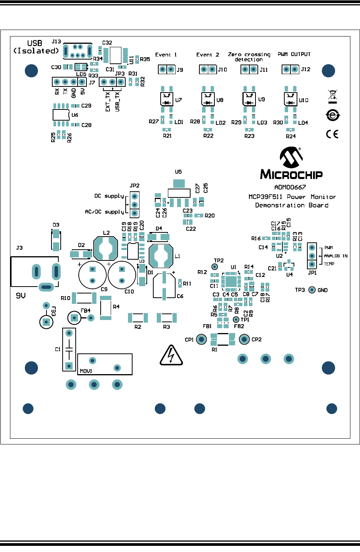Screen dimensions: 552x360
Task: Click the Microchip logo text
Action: tap(291, 174)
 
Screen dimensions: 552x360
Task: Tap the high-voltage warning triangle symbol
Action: tap(171, 356)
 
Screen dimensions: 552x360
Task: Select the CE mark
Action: tap(332, 134)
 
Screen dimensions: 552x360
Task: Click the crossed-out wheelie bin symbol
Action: tap(332, 95)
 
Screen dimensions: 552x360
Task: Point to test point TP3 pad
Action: tap(312, 290)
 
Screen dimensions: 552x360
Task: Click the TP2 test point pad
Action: tap(215, 267)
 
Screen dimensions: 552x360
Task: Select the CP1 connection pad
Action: tap(201, 339)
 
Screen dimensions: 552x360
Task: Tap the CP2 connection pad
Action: tap(244, 339)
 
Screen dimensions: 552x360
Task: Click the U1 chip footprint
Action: tap(231, 282)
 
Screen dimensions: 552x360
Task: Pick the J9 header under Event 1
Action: tap(166, 70)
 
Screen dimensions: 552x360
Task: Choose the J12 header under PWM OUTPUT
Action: tap(290, 69)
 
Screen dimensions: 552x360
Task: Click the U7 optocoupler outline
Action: tap(167, 99)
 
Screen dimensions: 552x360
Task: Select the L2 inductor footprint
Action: tap(106, 249)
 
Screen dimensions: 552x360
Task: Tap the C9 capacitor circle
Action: tap(92, 275)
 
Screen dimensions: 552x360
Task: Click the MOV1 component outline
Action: tap(105, 364)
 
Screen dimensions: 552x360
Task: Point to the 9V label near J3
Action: tap(21, 296)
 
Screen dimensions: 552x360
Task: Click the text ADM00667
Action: tap(290, 187)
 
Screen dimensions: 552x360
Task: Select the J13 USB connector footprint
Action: tap(77, 51)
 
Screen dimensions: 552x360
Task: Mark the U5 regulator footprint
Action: tap(179, 193)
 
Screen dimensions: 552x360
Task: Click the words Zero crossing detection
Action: tap(249, 57)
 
